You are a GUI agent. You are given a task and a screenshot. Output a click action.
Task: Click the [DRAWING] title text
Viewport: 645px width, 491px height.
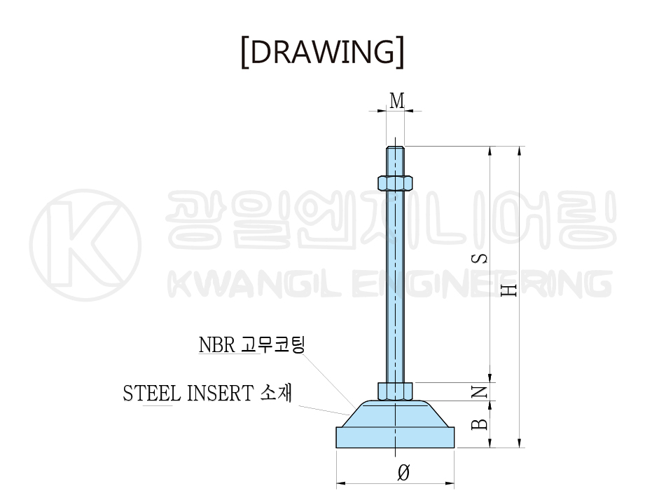322,52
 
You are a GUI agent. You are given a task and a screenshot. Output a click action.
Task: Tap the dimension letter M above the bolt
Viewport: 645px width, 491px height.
397,100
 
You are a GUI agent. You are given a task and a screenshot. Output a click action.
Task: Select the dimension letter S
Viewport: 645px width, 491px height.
480,258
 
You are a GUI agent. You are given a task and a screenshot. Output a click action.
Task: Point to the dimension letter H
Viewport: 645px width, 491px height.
509,290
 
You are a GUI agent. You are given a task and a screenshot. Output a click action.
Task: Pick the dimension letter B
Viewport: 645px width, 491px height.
480,424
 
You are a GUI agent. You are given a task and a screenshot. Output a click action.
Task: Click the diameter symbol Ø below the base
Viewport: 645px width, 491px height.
403,472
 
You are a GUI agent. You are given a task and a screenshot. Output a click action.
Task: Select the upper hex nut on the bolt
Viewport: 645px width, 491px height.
395,183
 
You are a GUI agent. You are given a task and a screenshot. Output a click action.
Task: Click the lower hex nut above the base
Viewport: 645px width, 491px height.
395,391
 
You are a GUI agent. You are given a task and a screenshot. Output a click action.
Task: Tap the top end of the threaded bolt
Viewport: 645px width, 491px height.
395,147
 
